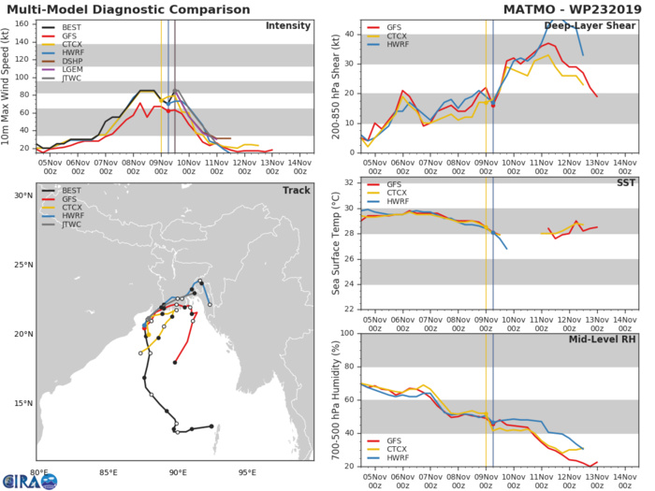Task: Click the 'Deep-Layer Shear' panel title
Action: click(594, 25)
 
